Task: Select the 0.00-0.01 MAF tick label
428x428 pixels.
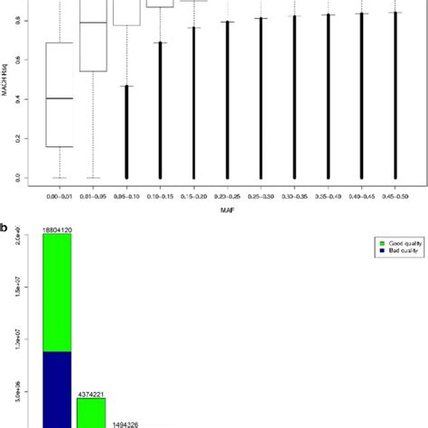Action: [60, 194]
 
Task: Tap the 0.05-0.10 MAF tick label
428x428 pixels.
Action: [126, 194]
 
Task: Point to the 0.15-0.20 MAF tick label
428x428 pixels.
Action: [194, 194]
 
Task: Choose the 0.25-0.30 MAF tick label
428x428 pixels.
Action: [262, 194]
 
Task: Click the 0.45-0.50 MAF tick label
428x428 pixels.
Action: [395, 194]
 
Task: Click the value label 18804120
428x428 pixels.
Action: [58, 231]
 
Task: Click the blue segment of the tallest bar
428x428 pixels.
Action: [57, 388]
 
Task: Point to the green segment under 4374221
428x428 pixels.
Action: [91, 412]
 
